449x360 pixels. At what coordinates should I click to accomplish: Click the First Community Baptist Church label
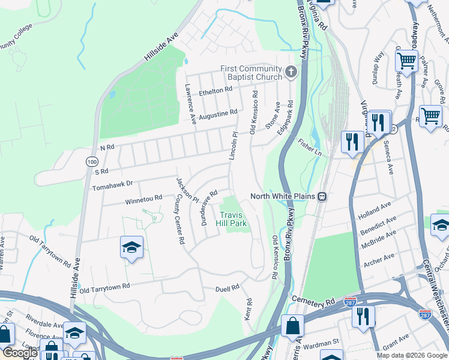(x=251, y=73)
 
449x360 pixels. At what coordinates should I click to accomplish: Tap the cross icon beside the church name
(x=291, y=73)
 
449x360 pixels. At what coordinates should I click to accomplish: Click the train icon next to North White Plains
(x=322, y=196)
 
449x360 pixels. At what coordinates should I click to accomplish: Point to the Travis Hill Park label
(x=233, y=219)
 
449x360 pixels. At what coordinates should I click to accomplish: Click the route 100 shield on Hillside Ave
(x=91, y=161)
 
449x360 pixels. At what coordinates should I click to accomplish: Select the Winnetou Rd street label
(x=143, y=199)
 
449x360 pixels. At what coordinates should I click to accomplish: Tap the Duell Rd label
(x=227, y=289)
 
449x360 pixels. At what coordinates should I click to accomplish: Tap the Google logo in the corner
(x=20, y=353)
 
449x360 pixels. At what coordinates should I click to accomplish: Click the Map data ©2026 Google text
(x=411, y=355)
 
